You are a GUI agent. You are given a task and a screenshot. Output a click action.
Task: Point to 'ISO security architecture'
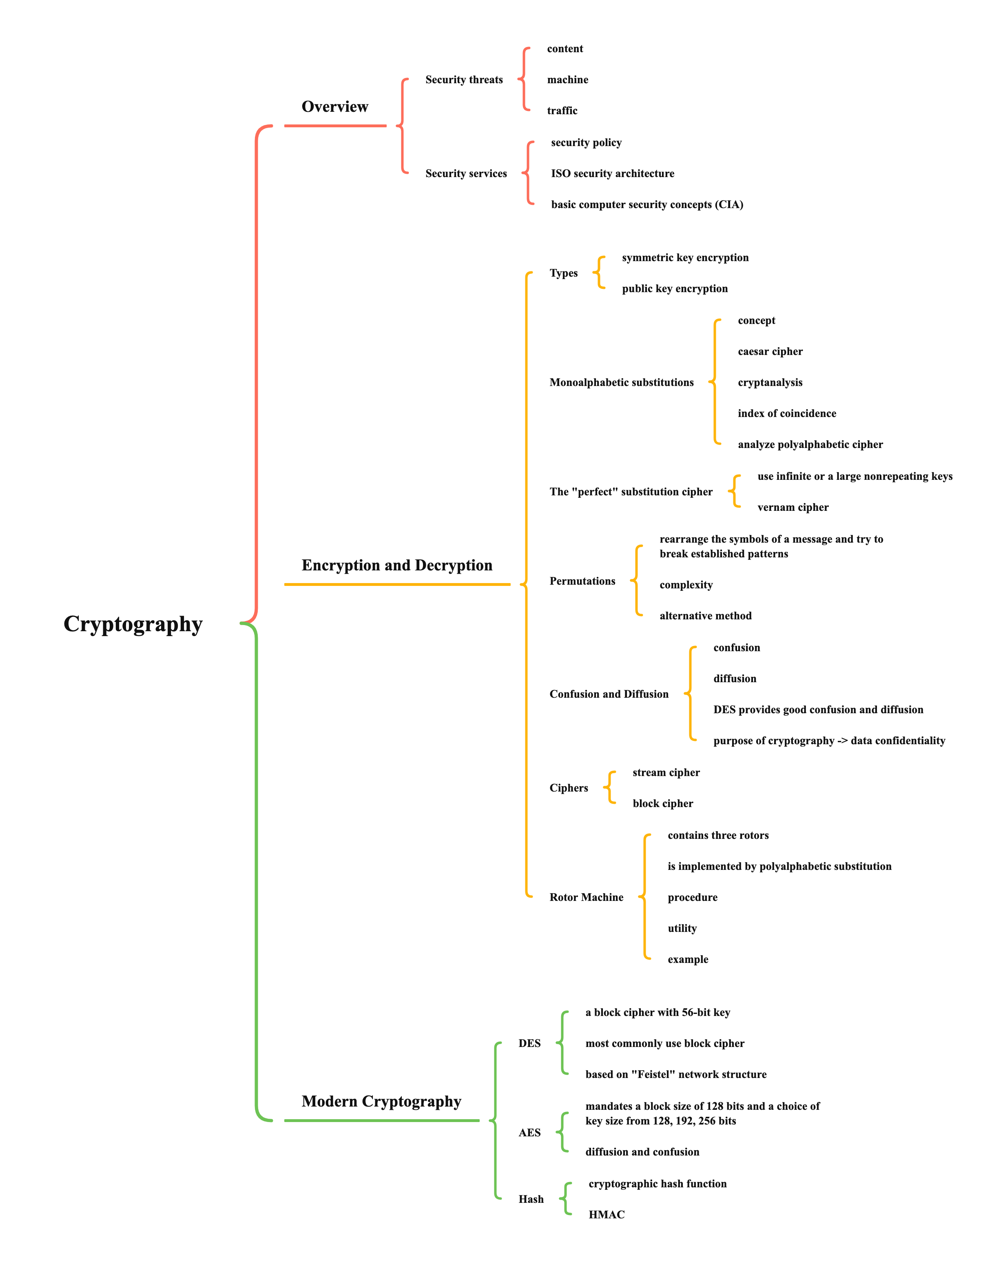[x=612, y=173]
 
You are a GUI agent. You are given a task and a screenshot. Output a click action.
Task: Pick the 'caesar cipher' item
[x=770, y=352]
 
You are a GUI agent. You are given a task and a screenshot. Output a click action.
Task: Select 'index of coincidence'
[x=787, y=414]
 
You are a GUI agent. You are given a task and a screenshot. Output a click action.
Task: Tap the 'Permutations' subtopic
[x=582, y=581]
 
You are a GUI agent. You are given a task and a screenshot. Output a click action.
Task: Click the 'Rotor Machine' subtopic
[x=586, y=898]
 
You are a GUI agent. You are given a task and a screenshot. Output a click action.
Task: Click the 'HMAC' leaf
[x=607, y=1215]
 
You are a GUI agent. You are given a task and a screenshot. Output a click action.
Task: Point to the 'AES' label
[x=529, y=1133]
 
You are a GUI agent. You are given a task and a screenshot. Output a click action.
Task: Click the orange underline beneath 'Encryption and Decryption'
[x=397, y=584]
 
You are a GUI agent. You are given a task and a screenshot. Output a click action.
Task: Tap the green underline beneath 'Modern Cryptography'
[x=381, y=1120]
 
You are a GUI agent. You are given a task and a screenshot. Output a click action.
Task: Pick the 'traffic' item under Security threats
[x=562, y=111]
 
